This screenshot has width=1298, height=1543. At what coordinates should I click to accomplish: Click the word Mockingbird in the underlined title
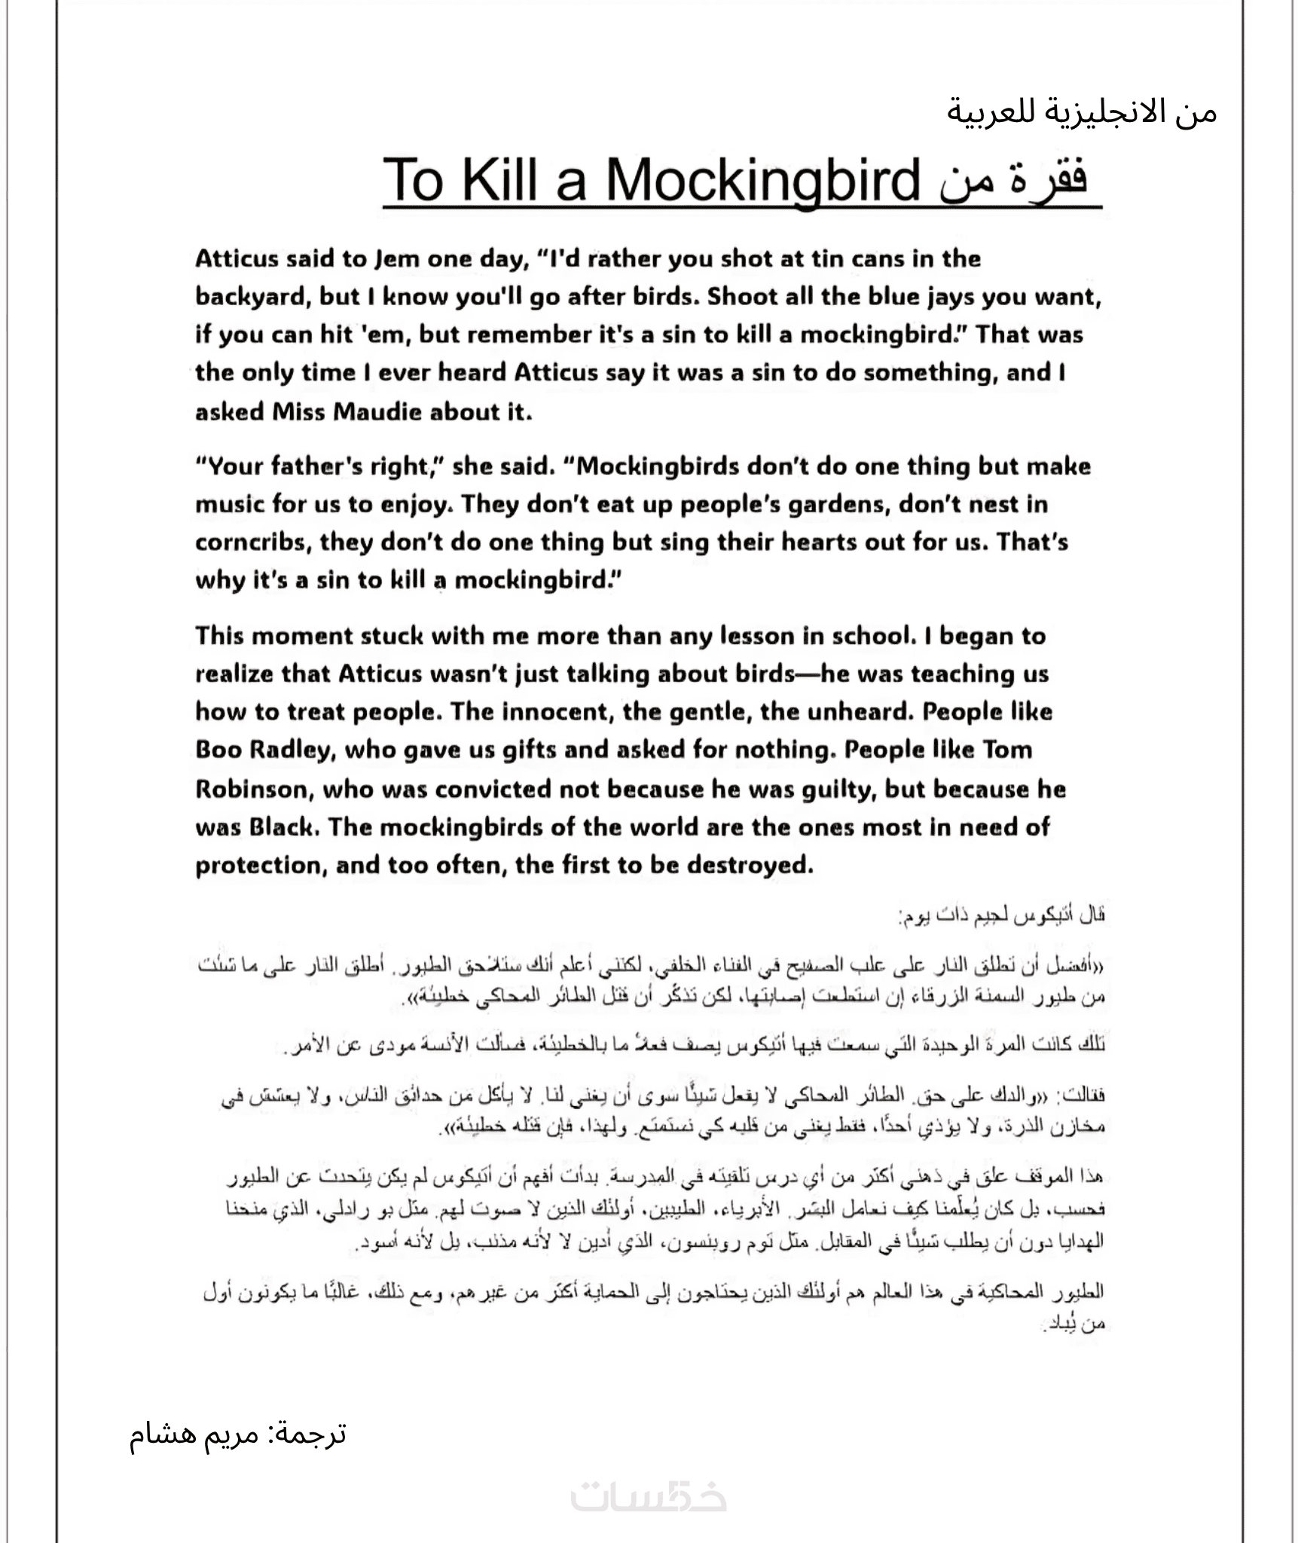coord(763,181)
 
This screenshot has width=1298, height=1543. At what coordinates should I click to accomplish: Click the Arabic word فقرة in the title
coord(1051,181)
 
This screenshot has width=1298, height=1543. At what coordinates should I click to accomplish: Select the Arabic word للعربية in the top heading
coord(994,113)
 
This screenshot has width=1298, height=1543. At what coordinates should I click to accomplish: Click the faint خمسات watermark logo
coord(649,1497)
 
